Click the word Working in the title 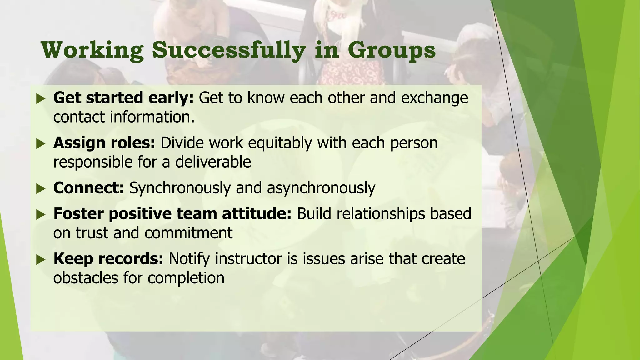pos(92,50)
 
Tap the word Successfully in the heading pos(229,50)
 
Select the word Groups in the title pos(392,50)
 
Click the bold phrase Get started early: pos(124,98)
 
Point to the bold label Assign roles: pos(104,143)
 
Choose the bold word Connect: pos(89,188)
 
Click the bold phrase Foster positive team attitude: pos(172,214)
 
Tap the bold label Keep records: pos(108,259)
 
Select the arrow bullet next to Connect pos(41,189)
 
